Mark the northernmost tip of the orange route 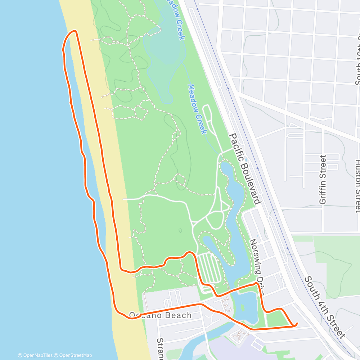[x=75, y=31]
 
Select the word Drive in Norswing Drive [x=261, y=284]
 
